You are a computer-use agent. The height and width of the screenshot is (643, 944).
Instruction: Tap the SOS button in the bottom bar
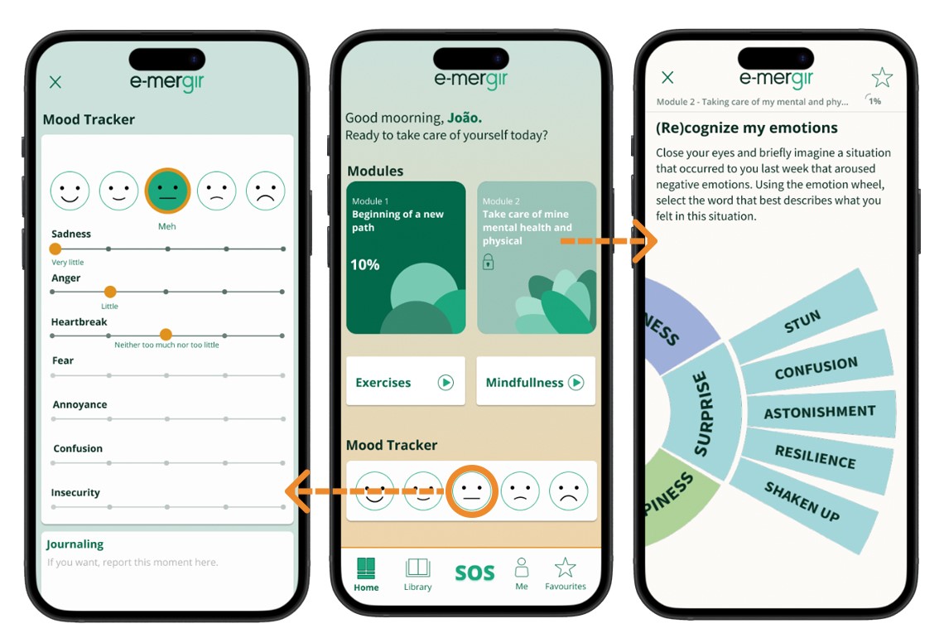coord(474,573)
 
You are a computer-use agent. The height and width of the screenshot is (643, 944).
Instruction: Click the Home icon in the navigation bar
coord(366,568)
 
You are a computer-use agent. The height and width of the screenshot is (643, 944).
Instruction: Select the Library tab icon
coord(418,568)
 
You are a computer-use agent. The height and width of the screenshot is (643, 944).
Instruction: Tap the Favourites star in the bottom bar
coord(565,568)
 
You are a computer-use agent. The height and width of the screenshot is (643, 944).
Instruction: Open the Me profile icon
coord(522,567)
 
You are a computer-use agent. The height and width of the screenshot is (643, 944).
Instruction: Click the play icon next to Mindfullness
coord(576,382)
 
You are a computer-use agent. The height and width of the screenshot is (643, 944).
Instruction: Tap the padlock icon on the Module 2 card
coord(489,262)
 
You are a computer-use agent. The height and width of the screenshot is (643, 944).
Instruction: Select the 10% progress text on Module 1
coord(365,264)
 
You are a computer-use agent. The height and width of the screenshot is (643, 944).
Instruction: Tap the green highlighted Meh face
coord(167,191)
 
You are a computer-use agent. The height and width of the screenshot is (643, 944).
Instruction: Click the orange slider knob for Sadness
coord(55,249)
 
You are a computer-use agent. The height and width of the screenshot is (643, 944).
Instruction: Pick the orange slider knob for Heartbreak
coord(166,335)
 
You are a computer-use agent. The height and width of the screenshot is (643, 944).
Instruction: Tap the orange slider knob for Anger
coord(110,292)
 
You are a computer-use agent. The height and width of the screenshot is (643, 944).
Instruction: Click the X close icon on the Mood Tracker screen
coord(55,82)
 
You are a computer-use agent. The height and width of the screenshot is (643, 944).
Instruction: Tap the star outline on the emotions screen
coord(882,78)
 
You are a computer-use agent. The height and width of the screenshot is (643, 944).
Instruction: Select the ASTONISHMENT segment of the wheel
coord(820,413)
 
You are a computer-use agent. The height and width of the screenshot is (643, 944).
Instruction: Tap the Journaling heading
coord(75,544)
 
